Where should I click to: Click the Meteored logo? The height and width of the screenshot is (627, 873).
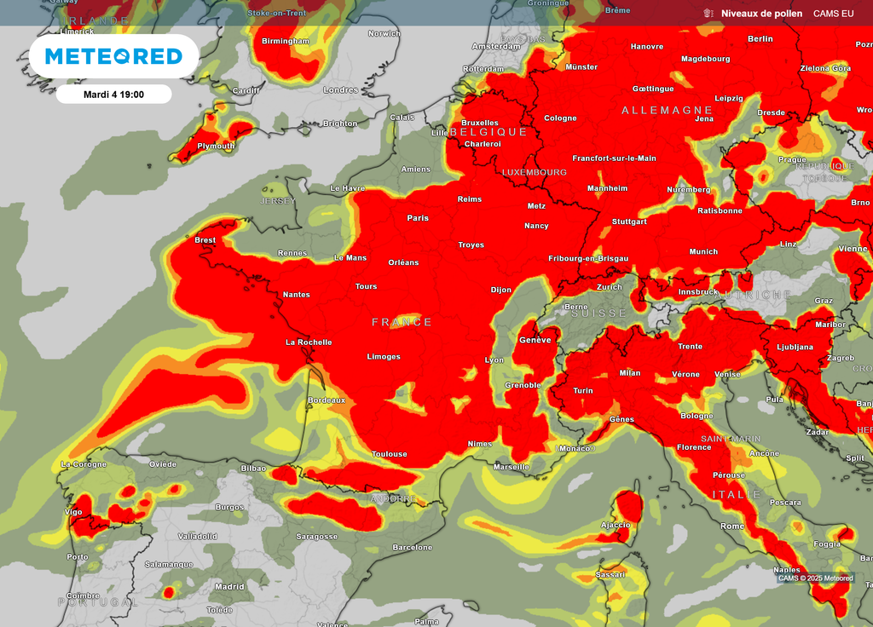click(113, 56)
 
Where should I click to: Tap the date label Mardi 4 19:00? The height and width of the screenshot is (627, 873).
click(113, 94)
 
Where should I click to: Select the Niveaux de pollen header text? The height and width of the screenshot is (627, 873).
click(761, 14)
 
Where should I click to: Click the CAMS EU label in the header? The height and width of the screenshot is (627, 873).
click(833, 14)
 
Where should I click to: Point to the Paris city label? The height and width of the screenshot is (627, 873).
click(418, 218)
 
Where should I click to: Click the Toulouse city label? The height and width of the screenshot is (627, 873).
click(389, 454)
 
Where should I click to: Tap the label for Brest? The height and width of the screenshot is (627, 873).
click(205, 240)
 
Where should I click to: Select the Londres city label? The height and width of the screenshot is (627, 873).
click(341, 90)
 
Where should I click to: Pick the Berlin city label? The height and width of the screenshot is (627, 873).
click(760, 39)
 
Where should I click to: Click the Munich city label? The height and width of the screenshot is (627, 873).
click(703, 251)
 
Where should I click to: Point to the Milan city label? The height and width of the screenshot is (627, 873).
click(629, 373)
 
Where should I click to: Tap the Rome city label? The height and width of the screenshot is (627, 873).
click(732, 526)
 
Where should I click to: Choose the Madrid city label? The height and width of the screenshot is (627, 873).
click(229, 586)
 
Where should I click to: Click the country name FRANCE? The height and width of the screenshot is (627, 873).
click(402, 322)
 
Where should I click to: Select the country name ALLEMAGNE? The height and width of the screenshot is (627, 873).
click(667, 111)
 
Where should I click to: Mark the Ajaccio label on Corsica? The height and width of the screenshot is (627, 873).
click(616, 525)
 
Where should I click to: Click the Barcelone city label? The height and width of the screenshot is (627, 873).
click(413, 548)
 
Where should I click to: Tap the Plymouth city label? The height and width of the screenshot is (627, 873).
click(216, 146)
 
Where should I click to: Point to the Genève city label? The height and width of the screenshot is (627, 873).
click(535, 340)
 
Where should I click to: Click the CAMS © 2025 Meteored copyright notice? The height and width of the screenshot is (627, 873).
click(815, 578)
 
